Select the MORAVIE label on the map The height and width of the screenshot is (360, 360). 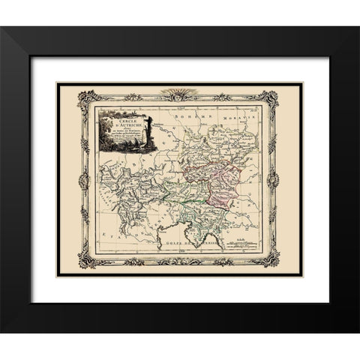coord(244,118)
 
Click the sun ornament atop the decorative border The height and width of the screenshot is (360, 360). coord(180,93)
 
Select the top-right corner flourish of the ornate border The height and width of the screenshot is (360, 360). coord(272,97)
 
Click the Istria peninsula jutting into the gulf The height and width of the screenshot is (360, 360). coord(164,238)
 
